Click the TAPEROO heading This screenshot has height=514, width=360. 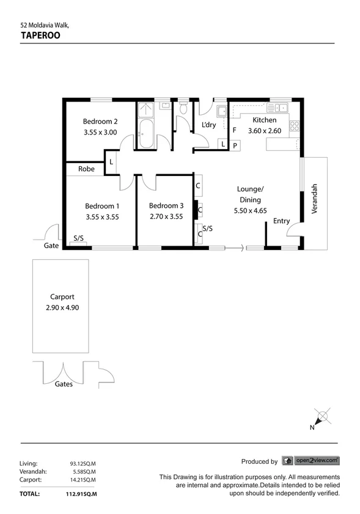[x=40, y=35]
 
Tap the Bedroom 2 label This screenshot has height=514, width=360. [x=100, y=121]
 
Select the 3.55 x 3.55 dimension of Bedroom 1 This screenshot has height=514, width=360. [x=101, y=216]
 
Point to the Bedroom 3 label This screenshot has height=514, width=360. [x=166, y=205]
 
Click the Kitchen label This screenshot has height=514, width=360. [x=264, y=120]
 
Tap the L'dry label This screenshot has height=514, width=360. [x=208, y=125]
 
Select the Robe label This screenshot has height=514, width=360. [x=86, y=169]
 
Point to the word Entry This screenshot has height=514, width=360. [x=282, y=221]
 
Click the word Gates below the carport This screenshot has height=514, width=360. [x=64, y=384]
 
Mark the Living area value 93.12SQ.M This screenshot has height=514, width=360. [x=83, y=463]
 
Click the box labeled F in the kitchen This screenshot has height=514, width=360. [x=235, y=130]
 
